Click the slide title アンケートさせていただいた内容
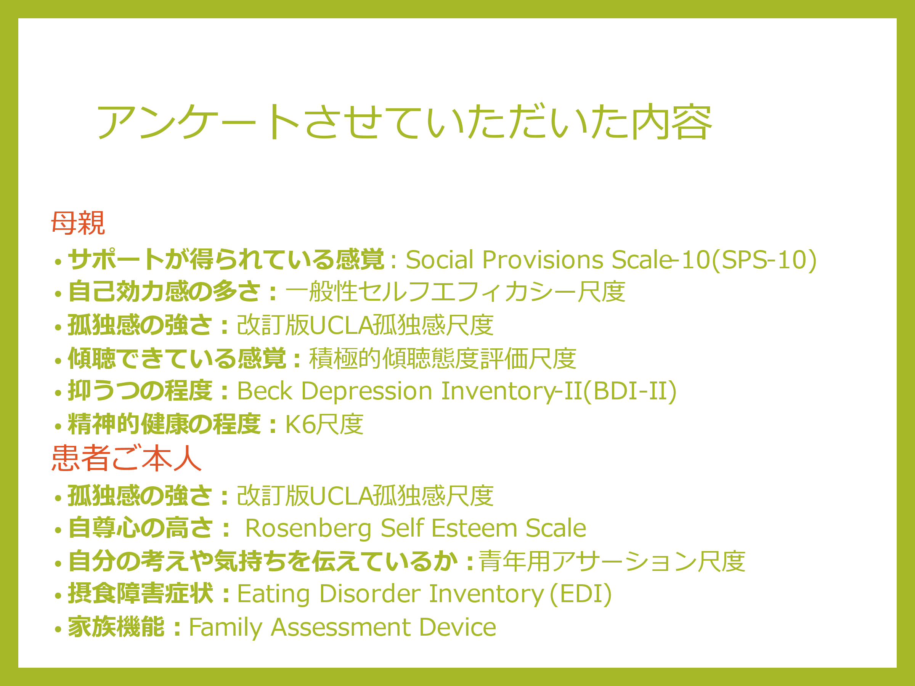[x=404, y=122]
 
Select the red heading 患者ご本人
[x=127, y=458]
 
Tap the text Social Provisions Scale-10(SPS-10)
[x=611, y=260]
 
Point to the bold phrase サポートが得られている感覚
[x=226, y=259]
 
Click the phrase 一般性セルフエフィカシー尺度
[x=455, y=292]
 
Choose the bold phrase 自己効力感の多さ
[x=164, y=292]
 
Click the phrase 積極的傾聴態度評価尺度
[x=443, y=358]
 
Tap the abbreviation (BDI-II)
[x=629, y=391]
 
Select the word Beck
[x=265, y=391]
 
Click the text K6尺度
[x=324, y=424]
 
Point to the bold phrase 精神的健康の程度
[x=164, y=424]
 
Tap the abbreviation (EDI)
[x=581, y=594]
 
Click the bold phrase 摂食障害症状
[x=141, y=594]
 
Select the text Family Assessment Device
[x=342, y=628]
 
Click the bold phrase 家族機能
[x=116, y=627]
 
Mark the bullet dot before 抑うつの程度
[x=58, y=393]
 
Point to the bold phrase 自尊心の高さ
[x=141, y=528]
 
